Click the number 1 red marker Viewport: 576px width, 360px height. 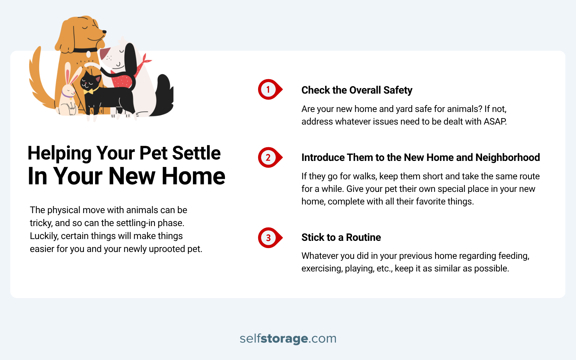pos(269,89)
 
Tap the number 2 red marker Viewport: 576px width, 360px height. pos(269,157)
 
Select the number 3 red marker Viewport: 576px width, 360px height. pos(269,238)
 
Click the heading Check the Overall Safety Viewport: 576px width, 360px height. pos(356,90)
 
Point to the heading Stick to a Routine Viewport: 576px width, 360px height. pos(341,238)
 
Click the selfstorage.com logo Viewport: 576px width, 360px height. pos(288,338)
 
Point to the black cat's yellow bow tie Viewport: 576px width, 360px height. pos(89,91)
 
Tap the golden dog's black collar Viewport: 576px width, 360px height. pos(85,50)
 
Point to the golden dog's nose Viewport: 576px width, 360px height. pos(105,32)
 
